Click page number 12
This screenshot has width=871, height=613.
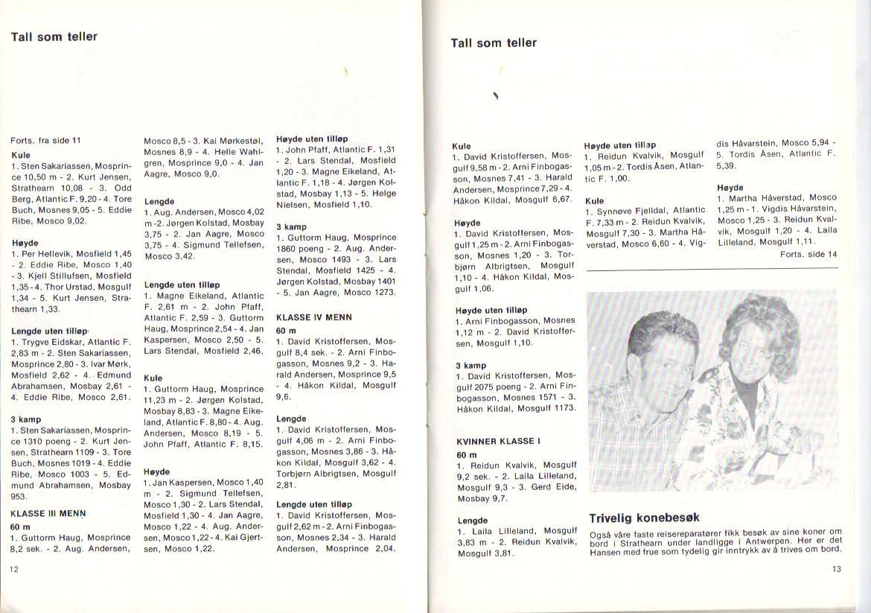(13, 569)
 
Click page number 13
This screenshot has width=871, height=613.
(836, 569)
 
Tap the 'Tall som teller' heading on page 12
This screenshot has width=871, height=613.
(54, 36)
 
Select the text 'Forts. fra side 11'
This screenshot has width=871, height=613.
(45, 140)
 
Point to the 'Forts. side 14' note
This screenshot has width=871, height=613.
(808, 254)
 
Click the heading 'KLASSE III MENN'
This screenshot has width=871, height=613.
(48, 513)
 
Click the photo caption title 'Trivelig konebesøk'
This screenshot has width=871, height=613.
(644, 518)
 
